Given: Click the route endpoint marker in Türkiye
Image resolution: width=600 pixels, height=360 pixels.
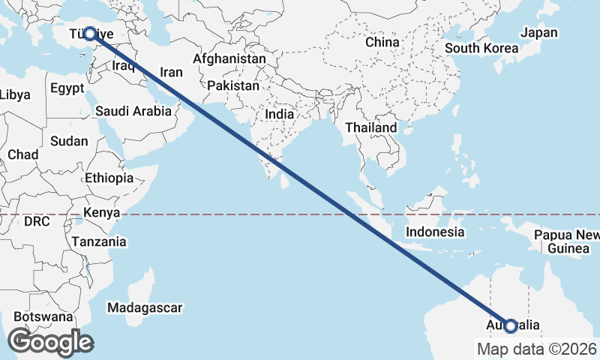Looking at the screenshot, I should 90,34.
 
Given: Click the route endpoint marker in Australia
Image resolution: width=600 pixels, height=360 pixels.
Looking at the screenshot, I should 511,326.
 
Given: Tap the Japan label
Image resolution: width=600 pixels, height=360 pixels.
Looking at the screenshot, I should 539,32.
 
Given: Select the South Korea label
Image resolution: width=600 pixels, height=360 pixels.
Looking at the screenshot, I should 481,49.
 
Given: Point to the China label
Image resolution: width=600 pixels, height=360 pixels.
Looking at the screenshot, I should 382,42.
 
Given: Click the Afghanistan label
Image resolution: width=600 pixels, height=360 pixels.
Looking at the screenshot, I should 229,58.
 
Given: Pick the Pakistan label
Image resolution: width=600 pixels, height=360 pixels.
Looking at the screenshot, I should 233,86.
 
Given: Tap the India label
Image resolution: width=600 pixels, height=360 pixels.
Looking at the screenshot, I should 280,114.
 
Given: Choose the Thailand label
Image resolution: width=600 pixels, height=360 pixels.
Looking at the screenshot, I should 370,128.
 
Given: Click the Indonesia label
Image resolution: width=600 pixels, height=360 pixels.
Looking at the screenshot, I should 435,232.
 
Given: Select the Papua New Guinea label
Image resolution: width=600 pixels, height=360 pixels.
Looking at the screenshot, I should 567,241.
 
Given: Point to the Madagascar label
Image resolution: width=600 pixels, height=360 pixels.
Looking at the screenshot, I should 145,308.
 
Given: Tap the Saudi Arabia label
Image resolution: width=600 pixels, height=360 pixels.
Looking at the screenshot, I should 133,111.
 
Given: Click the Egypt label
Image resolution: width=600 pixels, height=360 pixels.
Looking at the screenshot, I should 67,88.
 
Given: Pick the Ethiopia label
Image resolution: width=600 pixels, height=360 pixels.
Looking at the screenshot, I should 109,178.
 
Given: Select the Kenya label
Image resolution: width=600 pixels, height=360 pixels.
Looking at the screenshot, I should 102,212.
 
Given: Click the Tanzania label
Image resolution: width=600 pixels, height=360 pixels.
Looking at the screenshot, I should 99,242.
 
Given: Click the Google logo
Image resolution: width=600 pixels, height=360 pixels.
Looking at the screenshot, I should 50,343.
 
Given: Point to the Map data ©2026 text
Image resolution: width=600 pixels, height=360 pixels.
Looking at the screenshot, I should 537,349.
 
